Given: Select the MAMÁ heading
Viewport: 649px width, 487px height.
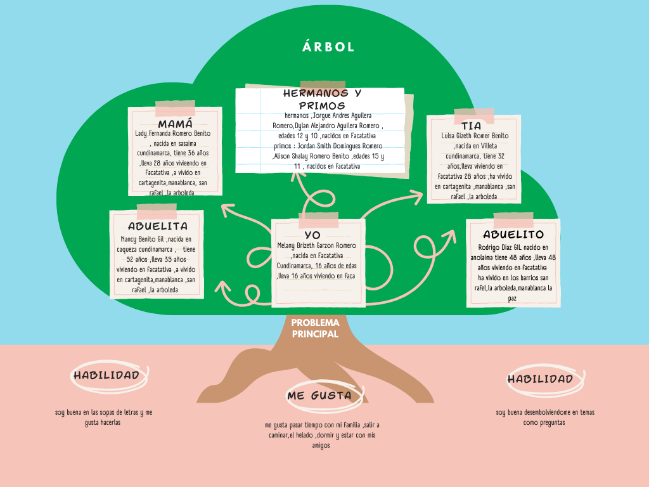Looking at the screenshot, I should [x=175, y=124].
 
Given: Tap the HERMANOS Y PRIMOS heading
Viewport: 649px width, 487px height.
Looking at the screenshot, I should [x=321, y=100].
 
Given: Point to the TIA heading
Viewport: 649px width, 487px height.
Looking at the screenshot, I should [x=472, y=126].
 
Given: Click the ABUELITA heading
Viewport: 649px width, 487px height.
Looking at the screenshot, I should [x=158, y=226].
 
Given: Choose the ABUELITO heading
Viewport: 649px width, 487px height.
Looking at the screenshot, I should [x=513, y=235].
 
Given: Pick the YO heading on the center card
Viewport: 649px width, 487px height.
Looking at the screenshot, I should [x=312, y=235].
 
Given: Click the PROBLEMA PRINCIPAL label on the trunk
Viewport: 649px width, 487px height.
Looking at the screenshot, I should [x=315, y=328].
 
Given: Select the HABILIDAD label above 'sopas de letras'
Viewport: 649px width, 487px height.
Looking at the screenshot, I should [x=106, y=375].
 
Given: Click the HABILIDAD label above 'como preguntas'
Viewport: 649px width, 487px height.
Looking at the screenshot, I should [x=540, y=379].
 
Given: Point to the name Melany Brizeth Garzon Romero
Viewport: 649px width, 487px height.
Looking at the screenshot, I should [x=317, y=245].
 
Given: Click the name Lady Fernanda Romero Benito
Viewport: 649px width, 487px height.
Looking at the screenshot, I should [x=173, y=134].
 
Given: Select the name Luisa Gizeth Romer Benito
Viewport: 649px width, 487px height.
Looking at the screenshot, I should [x=475, y=136].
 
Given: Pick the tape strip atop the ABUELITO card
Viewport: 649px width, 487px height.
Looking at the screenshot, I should [x=513, y=221].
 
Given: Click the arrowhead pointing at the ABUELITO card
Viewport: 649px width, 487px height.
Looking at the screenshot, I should [x=449, y=236].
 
